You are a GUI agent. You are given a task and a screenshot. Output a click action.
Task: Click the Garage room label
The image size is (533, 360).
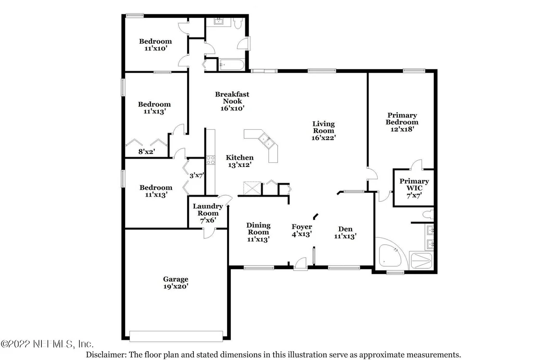point(176,279)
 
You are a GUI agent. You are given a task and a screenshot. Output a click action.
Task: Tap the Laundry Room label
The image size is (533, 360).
point(208,210)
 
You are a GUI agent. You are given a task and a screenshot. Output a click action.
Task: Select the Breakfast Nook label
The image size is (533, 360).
point(232,98)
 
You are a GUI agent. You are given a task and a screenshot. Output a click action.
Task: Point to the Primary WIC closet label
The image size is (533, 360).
point(414,185)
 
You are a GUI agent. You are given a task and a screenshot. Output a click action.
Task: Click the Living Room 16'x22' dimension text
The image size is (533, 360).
point(324,137)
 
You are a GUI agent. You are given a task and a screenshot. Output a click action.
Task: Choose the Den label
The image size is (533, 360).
point(345,229)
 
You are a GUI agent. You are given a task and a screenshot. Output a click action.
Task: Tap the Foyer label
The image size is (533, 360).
point(302,227)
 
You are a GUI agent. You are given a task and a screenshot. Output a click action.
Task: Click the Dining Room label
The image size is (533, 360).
point(258,229)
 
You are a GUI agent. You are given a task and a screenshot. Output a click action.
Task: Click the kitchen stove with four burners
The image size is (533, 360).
point(211,160)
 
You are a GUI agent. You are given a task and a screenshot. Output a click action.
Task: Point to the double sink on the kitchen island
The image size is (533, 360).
point(266,141)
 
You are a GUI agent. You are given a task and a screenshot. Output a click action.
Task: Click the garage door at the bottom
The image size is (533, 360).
point(177,336)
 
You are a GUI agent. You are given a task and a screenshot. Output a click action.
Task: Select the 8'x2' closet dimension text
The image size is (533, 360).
point(147,152)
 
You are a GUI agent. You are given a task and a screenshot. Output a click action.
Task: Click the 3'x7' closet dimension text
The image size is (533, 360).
point(196,175)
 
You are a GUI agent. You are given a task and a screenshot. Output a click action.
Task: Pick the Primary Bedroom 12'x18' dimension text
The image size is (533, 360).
point(402,129)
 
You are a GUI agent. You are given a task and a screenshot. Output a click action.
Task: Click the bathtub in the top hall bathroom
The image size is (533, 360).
point(231,64)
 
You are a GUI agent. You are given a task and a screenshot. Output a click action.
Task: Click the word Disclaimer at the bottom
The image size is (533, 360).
point(106,355)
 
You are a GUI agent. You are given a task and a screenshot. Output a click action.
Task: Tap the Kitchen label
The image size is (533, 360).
point(240,158)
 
